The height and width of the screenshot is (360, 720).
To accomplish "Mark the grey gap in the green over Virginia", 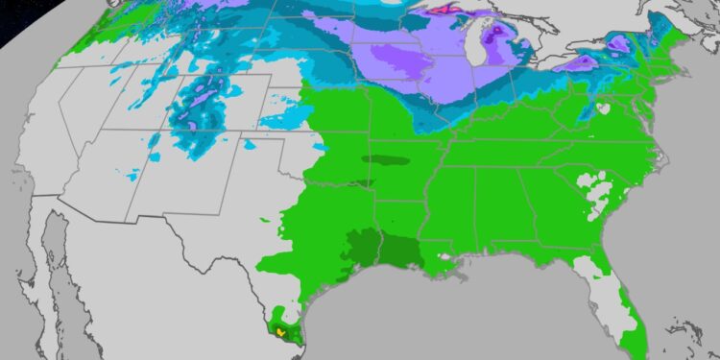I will pyautogui.click(x=602, y=109).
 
